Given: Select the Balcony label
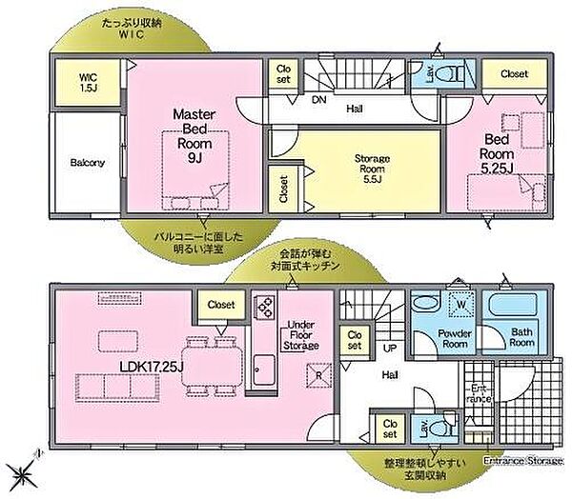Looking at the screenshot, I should click(88, 162).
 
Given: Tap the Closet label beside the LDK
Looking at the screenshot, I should click(221, 305).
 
